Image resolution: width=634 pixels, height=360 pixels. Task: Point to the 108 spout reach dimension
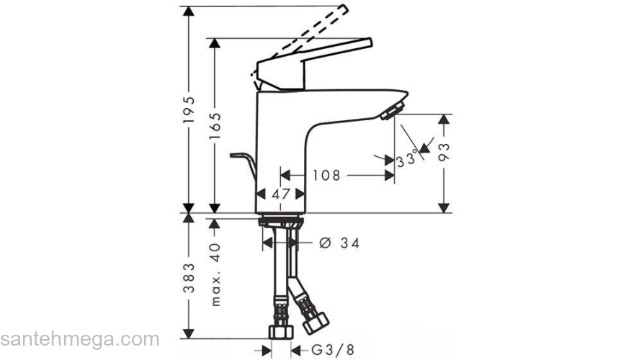click(x=327, y=174)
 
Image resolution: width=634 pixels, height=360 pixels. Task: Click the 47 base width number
click(x=282, y=194)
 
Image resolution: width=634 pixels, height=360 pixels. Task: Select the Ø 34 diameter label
click(x=338, y=243)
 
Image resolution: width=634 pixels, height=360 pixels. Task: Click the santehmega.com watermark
click(x=80, y=338)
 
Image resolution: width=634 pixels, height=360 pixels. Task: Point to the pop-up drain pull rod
click(x=244, y=162)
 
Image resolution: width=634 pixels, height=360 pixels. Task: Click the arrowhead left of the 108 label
click(x=285, y=174)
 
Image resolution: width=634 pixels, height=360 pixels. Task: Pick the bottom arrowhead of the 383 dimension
click(x=189, y=333)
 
